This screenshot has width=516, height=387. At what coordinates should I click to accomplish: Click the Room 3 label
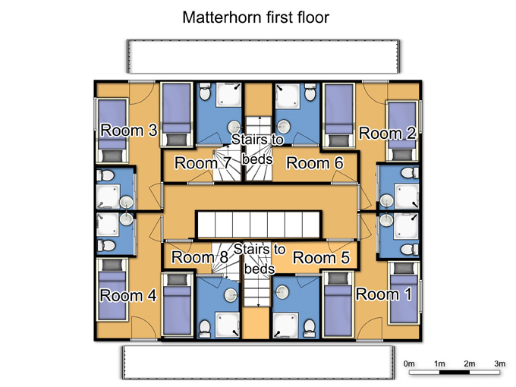point(129,131)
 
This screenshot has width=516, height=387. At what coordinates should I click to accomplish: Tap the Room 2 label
point(387,134)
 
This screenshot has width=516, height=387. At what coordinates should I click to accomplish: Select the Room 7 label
point(203,163)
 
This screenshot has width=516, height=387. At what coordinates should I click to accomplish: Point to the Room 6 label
point(315,163)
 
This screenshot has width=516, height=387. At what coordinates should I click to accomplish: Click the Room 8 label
point(200,257)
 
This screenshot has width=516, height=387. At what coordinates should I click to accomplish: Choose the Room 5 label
point(321,258)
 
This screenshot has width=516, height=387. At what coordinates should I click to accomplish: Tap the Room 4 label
point(128,295)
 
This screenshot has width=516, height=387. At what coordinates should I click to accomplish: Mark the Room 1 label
point(384,294)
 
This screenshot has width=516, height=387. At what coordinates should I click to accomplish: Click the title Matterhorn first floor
point(256,17)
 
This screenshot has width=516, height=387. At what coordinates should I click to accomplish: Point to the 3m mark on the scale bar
point(499,363)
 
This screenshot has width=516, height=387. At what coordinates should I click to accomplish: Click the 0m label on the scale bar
point(409,363)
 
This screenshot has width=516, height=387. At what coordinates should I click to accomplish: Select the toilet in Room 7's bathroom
point(205,92)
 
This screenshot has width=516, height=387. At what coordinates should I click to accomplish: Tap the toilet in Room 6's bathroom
point(310,92)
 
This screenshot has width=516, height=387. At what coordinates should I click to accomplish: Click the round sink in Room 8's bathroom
point(231,295)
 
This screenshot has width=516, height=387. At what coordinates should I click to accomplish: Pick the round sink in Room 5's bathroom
point(282,292)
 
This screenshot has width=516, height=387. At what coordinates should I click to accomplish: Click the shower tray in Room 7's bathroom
point(228,95)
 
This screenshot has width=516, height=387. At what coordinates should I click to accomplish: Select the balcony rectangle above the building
point(263,56)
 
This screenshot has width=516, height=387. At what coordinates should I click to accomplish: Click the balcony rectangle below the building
point(259,362)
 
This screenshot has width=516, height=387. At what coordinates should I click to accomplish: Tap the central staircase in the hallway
point(258,225)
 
